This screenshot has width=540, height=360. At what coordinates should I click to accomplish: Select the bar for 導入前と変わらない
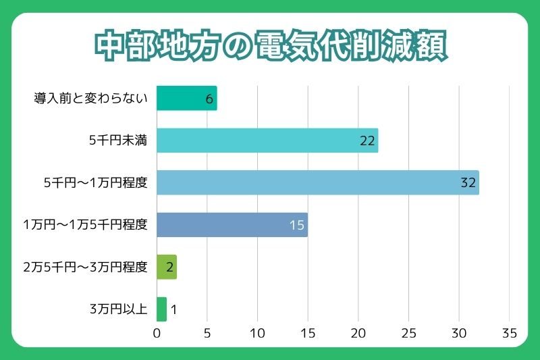tap(186, 99)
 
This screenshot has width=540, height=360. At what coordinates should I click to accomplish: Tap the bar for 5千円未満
tap(267, 140)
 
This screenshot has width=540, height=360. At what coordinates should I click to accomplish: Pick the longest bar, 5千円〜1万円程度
tap(317, 182)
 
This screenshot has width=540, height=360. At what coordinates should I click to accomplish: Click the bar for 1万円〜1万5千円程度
tap(232, 225)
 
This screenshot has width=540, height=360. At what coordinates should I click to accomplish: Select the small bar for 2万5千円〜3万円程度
tap(166, 267)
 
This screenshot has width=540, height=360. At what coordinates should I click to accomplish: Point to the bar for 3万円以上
tap(161, 309)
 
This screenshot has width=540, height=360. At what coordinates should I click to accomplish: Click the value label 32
tap(468, 182)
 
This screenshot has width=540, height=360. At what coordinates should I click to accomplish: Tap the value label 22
tap(367, 140)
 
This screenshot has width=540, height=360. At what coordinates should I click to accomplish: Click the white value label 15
tap(297, 225)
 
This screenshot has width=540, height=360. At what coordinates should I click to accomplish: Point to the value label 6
tap(209, 99)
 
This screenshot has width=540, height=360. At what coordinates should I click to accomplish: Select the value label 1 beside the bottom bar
tap(173, 310)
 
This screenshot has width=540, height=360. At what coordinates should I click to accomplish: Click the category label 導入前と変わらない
tap(90, 99)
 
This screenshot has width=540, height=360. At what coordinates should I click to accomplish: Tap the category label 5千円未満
tap(118, 140)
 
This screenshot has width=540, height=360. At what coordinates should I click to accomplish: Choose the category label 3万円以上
tap(118, 309)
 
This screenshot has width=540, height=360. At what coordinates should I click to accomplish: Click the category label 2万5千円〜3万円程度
tap(85, 267)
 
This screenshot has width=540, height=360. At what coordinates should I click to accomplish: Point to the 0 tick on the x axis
tap(157, 333)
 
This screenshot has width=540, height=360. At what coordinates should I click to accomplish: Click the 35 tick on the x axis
tap(509, 333)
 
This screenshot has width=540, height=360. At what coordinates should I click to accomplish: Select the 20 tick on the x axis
tap(358, 333)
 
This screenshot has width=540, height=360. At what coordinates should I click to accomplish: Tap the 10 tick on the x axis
tap(257, 333)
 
